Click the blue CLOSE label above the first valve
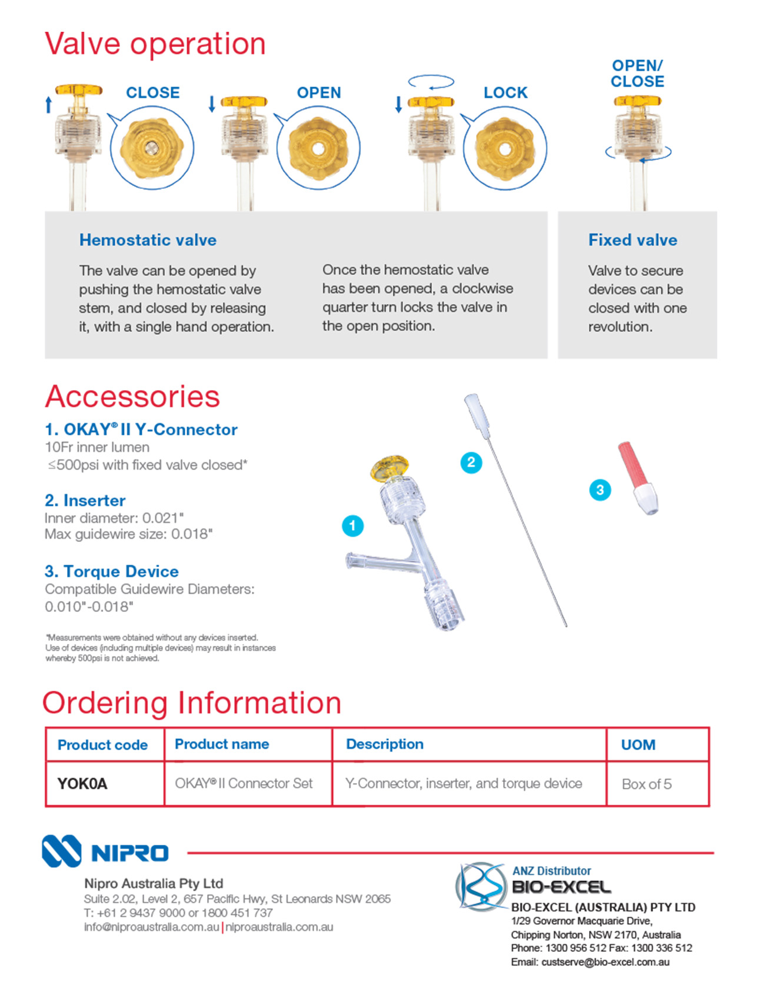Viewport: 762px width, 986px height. coord(153,93)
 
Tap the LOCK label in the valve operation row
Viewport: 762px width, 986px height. coord(505,93)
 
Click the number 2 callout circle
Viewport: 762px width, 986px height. coord(471,462)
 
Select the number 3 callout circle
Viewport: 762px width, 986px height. coord(600,490)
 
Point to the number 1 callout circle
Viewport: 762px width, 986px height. coord(352,525)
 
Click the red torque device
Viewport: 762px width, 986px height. coord(638,478)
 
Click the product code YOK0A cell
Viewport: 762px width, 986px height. coord(82,784)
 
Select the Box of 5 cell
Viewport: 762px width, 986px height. coord(647,784)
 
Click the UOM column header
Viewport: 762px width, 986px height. coord(638,745)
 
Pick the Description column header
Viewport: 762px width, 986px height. coord(385,744)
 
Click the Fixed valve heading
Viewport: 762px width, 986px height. coord(633,240)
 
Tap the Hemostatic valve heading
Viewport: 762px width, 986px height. coord(148,240)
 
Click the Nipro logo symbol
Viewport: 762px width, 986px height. coord(61,851)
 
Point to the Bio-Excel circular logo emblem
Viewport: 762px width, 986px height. coord(481,887)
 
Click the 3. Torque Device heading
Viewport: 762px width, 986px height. coord(112,571)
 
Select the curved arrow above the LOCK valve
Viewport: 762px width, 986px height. coord(431,82)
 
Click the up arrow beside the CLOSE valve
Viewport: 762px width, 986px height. coord(49,105)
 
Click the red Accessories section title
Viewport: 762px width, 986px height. coord(132,397)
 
